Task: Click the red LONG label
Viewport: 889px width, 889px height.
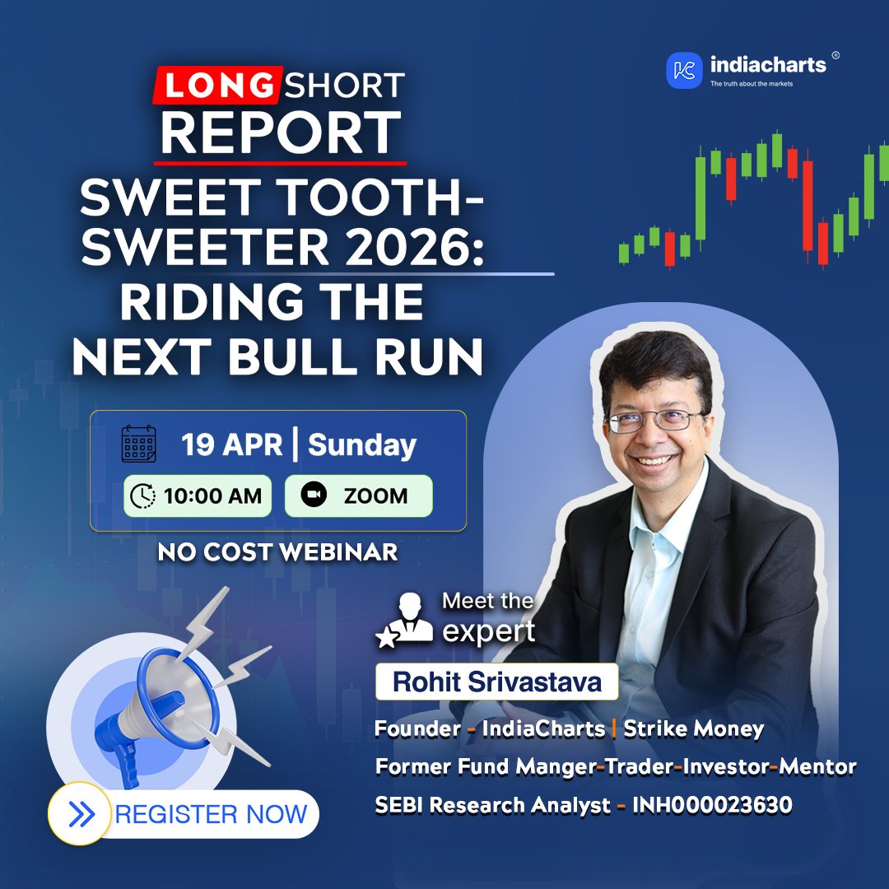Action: pos(215,84)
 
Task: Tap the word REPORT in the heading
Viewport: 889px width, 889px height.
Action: pos(280,131)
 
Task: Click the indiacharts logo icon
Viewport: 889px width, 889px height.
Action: pos(684,70)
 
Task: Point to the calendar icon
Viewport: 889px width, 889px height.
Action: pos(138,444)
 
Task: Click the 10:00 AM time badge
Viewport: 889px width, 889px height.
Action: pos(198,496)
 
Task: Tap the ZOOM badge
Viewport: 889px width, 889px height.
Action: pos(358,496)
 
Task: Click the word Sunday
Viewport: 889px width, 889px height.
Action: pos(362,445)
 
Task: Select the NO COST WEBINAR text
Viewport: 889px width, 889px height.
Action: pos(277,552)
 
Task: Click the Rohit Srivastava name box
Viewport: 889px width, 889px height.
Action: pos(496,682)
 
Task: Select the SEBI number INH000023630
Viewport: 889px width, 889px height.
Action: pos(712,805)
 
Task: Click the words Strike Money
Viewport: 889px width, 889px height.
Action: pos(693,728)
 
